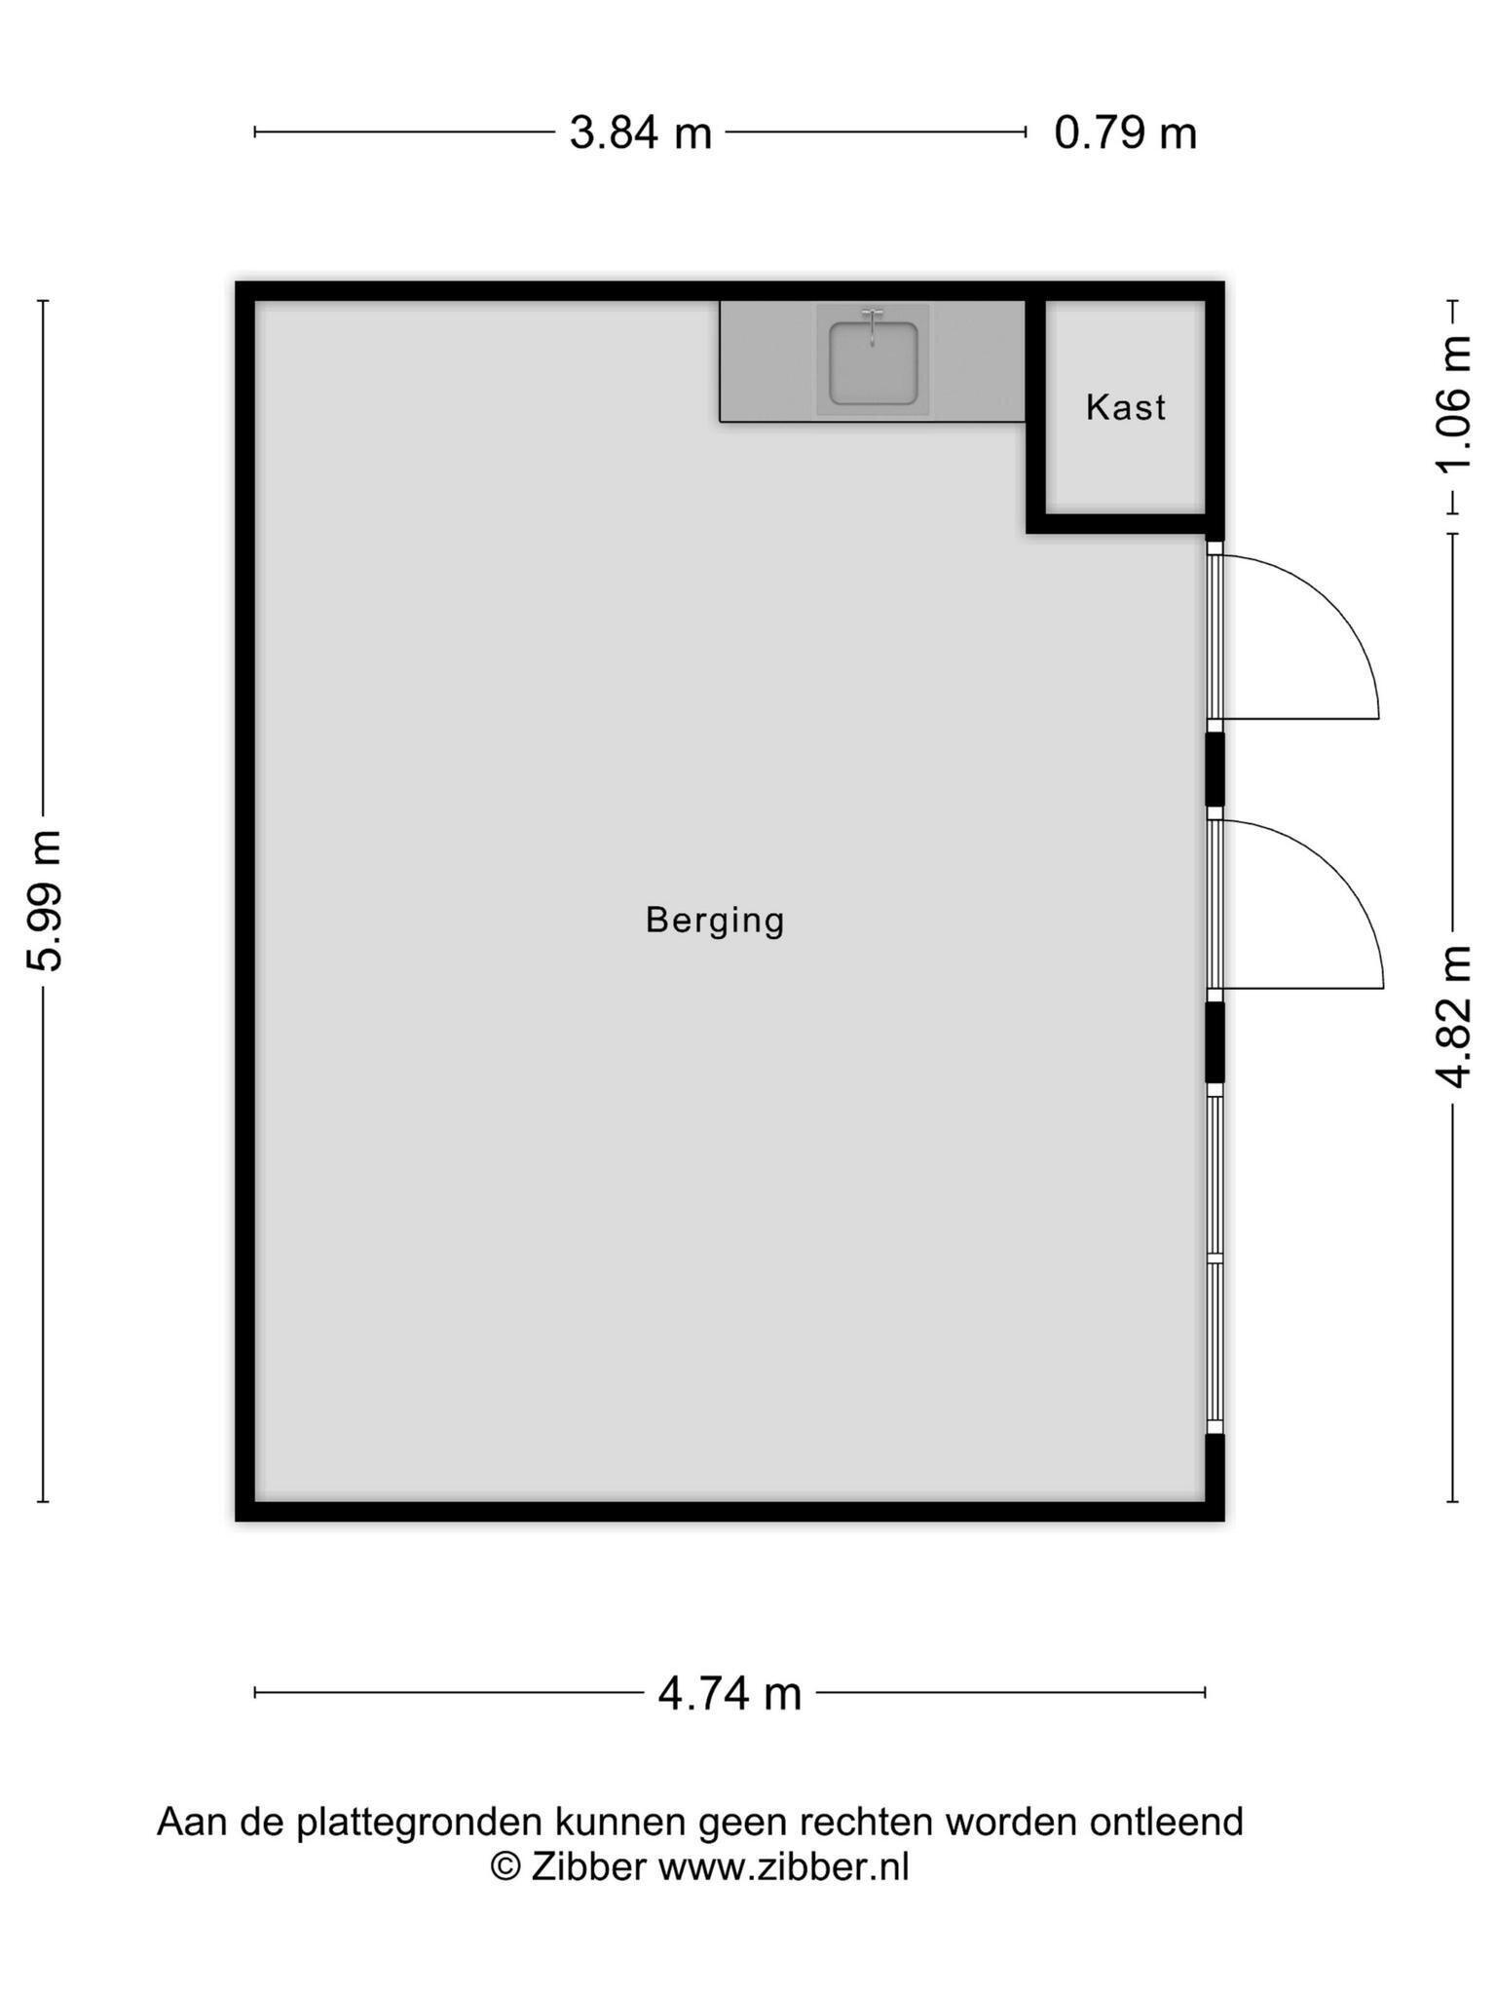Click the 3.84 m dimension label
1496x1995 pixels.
coord(641,132)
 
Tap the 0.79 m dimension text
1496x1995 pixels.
coord(1125,132)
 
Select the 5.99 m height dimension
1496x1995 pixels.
coord(44,901)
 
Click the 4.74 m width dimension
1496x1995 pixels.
coord(729,1694)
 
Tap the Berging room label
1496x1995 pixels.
coord(715,921)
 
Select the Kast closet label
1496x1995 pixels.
coord(1126,407)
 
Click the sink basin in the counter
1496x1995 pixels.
coord(873,363)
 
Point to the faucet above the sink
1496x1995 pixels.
coord(873,325)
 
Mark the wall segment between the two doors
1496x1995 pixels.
coord(1215,770)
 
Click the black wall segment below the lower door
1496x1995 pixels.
coord(1215,1042)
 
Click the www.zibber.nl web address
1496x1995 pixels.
coord(783,1866)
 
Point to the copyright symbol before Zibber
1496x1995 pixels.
coord(505,1866)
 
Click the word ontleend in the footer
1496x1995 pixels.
coord(1166,1822)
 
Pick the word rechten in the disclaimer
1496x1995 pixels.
coord(867,1822)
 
